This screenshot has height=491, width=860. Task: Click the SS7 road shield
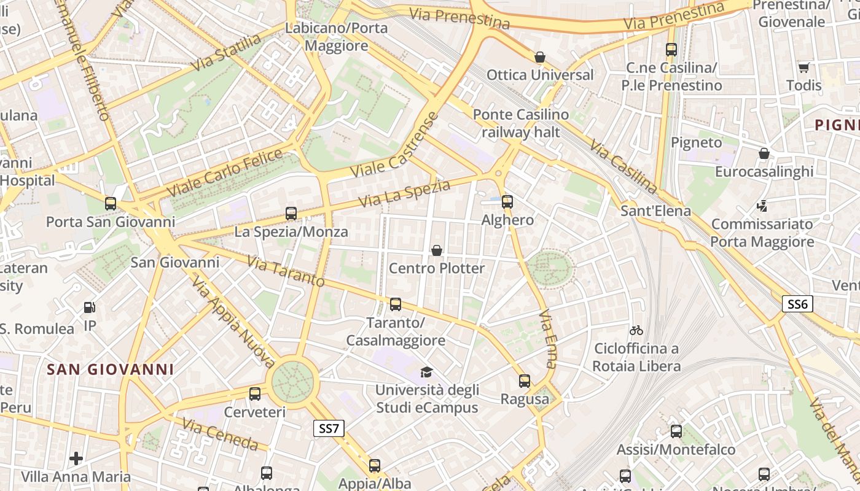tap(329, 428)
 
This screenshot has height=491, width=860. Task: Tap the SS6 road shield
tap(797, 303)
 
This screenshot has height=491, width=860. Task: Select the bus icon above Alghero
tap(507, 201)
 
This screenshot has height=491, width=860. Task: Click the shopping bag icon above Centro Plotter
tap(437, 250)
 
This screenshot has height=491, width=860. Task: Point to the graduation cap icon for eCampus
tap(426, 372)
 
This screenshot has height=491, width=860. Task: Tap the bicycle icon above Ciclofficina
tap(636, 330)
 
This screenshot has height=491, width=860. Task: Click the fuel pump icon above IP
tap(90, 307)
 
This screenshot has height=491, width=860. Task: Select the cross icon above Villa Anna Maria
tap(76, 458)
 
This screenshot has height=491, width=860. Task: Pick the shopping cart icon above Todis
tap(803, 68)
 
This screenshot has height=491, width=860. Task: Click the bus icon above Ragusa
tap(524, 381)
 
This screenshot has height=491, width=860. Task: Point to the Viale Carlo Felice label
tap(224, 172)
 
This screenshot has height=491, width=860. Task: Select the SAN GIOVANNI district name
tap(111, 369)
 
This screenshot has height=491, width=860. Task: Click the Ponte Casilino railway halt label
tap(521, 123)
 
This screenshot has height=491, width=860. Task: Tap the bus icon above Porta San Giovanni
tap(111, 204)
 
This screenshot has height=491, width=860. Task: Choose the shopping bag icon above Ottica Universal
tap(540, 57)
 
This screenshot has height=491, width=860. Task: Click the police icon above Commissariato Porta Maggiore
tap(762, 206)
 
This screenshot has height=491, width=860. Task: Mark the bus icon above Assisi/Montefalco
tap(676, 431)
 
